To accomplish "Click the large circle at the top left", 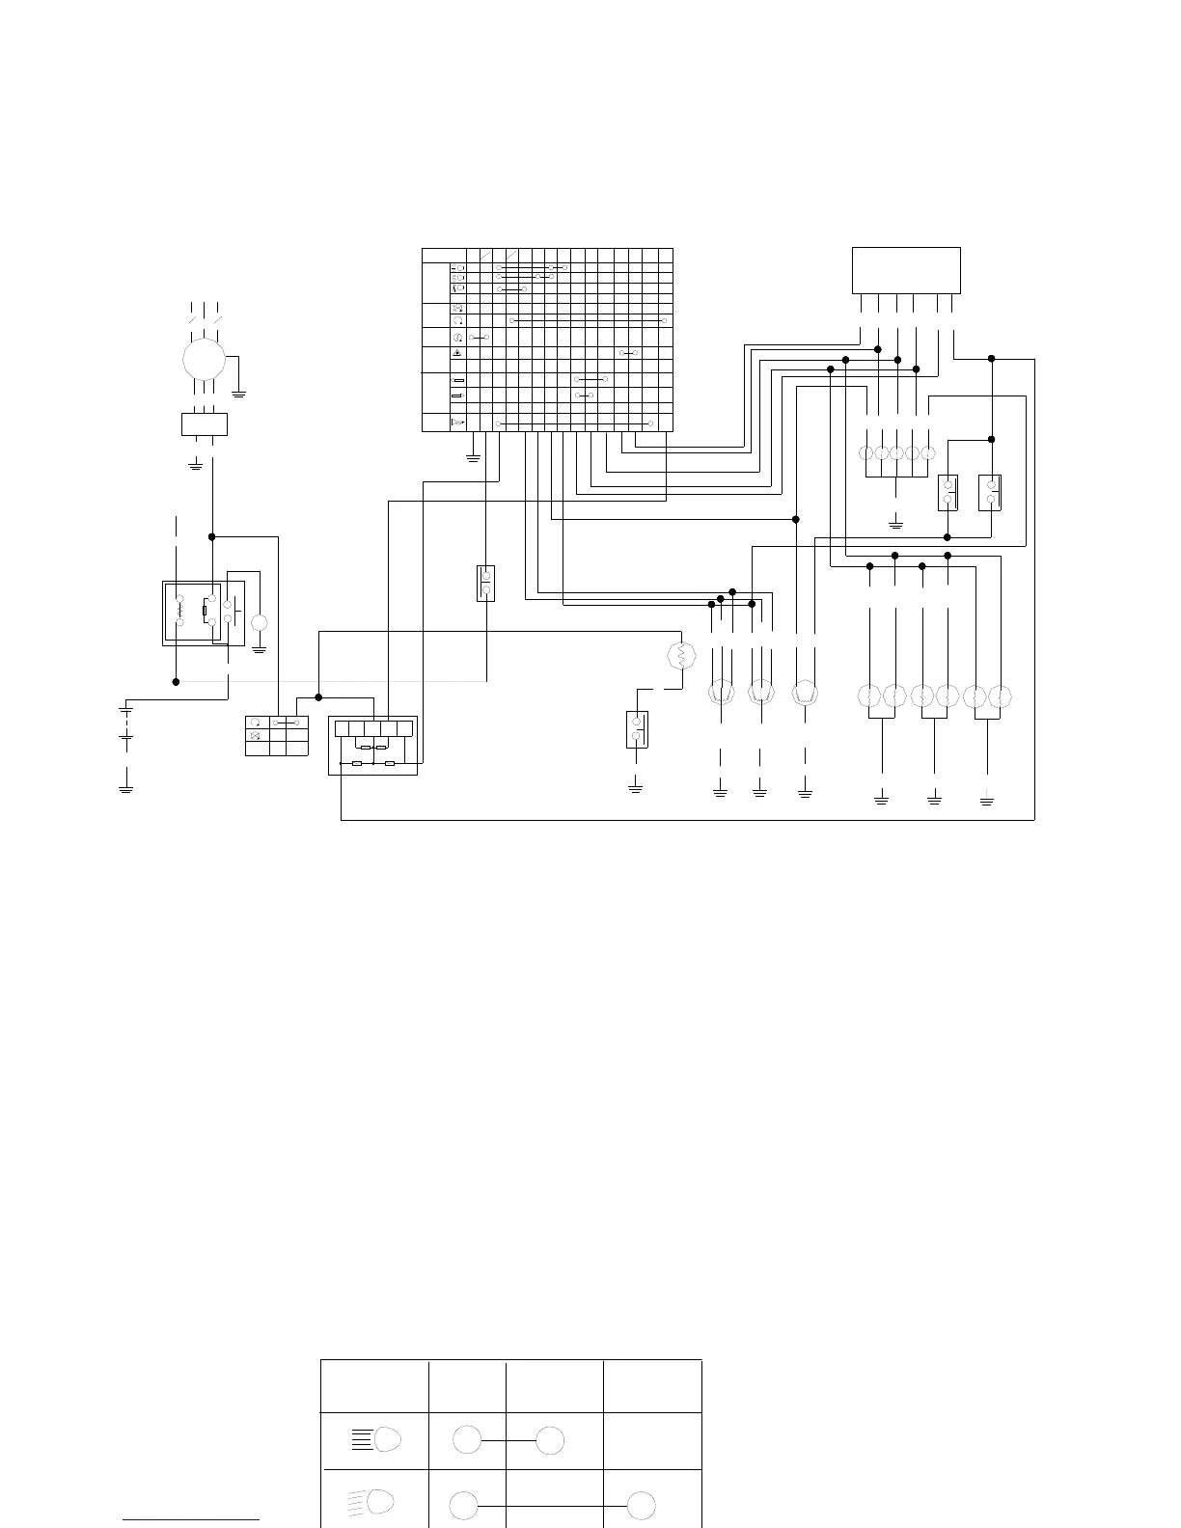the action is click(x=204, y=360).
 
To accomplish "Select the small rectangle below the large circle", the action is click(x=205, y=424).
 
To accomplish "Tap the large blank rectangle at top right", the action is click(x=906, y=270).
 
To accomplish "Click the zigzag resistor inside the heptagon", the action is click(x=682, y=657).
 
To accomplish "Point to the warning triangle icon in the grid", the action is click(x=458, y=353).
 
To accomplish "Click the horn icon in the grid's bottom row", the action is click(x=458, y=423).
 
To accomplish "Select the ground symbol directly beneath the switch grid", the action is click(x=473, y=457).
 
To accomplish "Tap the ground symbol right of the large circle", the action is click(x=239, y=393).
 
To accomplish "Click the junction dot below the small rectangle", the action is click(x=212, y=536).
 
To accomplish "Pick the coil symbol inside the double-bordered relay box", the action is click(x=180, y=611).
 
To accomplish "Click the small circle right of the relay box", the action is click(x=259, y=622).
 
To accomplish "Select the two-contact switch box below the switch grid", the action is click(x=486, y=583).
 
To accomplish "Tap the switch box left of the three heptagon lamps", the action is click(x=637, y=729).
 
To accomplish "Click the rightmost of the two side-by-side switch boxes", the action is click(x=990, y=492).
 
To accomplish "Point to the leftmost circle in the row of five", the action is click(x=866, y=453).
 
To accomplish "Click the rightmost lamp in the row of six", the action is click(x=1003, y=695).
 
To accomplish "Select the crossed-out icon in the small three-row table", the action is click(x=256, y=736).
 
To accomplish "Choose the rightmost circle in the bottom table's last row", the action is click(x=642, y=1505).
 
